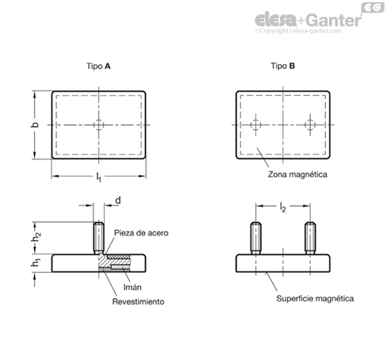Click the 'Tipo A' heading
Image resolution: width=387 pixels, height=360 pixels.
click(98, 66)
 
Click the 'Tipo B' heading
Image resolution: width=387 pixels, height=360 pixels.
click(282, 66)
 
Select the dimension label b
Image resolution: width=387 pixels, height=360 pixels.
click(35, 124)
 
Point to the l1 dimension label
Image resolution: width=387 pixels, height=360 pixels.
click(98, 177)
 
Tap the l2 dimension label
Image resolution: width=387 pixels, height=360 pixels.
click(282, 208)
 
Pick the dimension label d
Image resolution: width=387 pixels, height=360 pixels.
click(118, 201)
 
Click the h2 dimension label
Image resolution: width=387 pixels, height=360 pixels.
click(36, 236)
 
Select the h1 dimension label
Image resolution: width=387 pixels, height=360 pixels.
click(36, 262)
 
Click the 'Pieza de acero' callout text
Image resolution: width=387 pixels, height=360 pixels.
click(141, 233)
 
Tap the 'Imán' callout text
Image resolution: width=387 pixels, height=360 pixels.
click(132, 287)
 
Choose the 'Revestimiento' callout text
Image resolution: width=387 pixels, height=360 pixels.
click(138, 301)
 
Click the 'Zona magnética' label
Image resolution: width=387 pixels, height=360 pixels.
click(297, 174)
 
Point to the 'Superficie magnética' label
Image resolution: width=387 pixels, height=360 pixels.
click(315, 299)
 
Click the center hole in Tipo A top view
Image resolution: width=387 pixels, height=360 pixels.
click(98, 124)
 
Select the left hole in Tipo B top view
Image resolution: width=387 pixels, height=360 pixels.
click(255, 124)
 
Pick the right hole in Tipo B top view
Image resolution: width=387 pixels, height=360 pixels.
click(310, 124)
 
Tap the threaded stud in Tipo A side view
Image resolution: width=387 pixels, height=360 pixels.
click(98, 238)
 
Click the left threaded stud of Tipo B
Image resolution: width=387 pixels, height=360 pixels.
click(255, 238)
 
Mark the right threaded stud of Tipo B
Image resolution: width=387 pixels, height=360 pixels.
click(310, 238)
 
